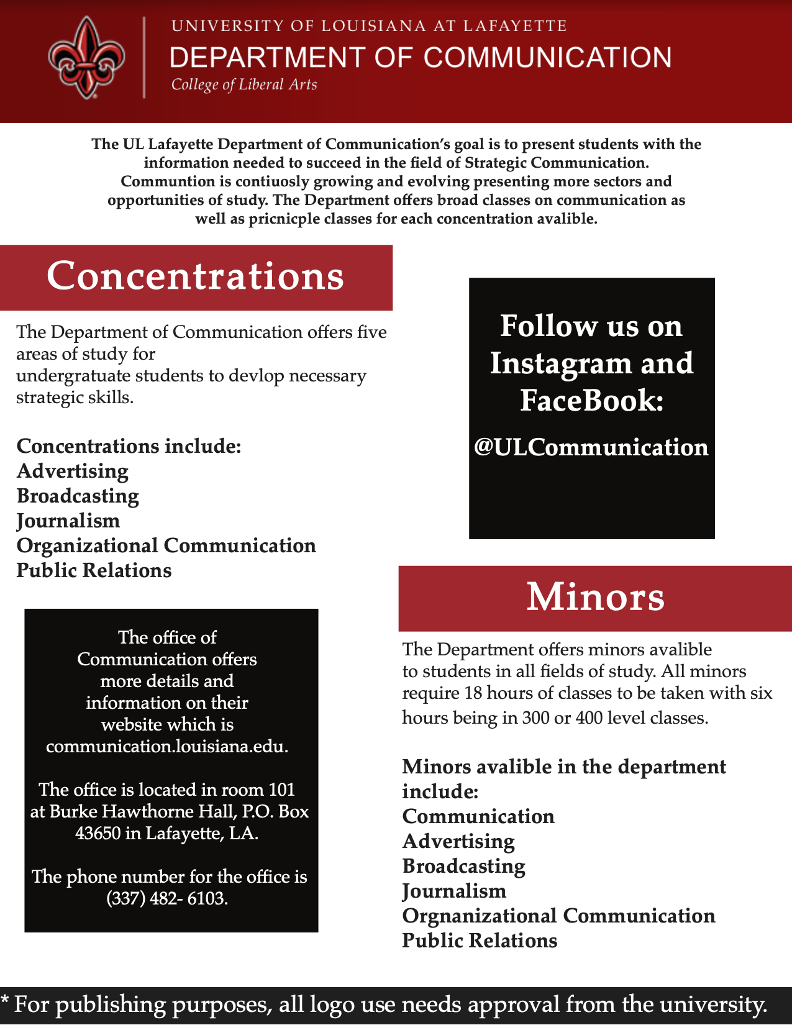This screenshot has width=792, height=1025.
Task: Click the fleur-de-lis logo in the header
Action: (86, 58)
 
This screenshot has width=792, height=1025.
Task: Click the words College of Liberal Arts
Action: (244, 84)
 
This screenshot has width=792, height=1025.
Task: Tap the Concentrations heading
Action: (195, 276)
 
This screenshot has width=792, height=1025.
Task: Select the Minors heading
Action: (595, 597)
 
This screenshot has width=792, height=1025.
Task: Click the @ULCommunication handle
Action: (591, 447)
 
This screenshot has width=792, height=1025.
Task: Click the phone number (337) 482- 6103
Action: (167, 898)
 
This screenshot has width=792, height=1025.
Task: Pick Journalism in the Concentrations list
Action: (68, 521)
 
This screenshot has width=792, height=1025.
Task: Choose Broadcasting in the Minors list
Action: (463, 866)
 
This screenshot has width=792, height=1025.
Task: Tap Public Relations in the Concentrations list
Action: (94, 570)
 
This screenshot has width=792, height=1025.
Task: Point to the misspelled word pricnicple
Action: (283, 219)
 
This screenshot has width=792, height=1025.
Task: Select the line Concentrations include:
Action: (129, 446)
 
